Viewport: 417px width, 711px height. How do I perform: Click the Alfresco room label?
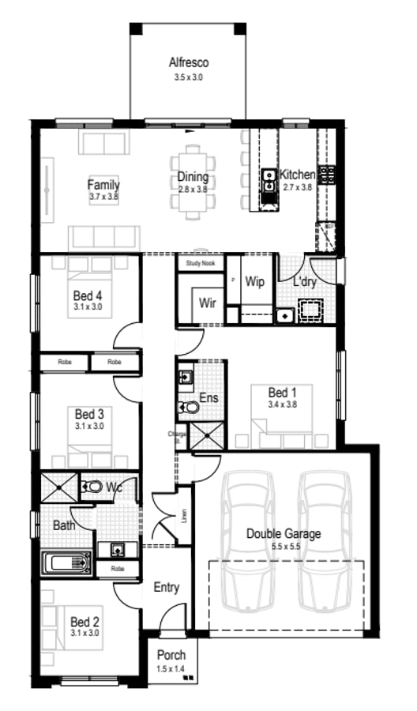(188, 62)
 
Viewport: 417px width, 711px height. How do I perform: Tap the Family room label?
(103, 186)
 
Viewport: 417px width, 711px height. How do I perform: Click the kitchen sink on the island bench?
(269, 180)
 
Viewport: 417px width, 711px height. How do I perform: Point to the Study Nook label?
(201, 262)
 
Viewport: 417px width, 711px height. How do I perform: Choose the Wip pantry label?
(254, 281)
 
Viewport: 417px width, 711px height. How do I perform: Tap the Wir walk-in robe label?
(208, 302)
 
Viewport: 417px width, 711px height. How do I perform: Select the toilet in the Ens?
(190, 408)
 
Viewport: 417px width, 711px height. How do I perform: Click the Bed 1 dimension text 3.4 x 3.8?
(282, 405)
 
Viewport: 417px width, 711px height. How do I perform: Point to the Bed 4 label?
(88, 295)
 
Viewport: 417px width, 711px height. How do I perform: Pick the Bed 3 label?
(89, 413)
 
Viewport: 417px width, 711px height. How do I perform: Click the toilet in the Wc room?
(92, 487)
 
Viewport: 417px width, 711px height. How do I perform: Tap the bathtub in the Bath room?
(67, 564)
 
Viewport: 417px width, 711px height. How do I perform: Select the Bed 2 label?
(85, 622)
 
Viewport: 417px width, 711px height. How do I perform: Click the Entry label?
(167, 587)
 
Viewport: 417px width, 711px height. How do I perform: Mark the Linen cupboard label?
(184, 516)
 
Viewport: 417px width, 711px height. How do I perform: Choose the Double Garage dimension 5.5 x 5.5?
(283, 547)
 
